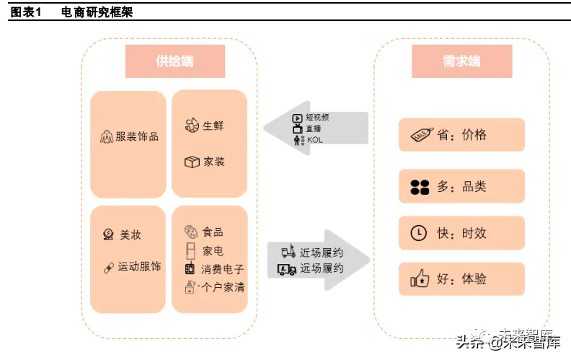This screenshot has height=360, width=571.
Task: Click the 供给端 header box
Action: (x=174, y=61)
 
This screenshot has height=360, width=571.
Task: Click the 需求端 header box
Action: (x=461, y=61)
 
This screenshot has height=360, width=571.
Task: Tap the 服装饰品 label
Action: (x=137, y=136)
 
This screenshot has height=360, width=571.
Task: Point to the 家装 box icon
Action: (x=191, y=162)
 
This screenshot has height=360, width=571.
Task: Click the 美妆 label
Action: (x=130, y=234)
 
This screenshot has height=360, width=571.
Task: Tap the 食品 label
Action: (x=213, y=232)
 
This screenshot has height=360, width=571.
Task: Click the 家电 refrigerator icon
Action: (x=190, y=250)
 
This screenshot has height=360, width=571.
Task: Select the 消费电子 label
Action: (x=223, y=269)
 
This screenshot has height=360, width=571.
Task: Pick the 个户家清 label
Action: (x=223, y=287)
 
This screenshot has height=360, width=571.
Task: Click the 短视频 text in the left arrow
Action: (x=317, y=117)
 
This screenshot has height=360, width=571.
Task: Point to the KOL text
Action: (x=314, y=139)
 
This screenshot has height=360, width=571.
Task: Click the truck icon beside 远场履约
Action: (x=287, y=269)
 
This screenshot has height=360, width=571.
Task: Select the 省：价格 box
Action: (x=461, y=135)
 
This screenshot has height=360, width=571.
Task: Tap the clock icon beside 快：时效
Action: (x=419, y=233)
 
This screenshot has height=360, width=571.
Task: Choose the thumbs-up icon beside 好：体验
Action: (x=420, y=278)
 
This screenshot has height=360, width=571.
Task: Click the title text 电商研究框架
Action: (x=97, y=12)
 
